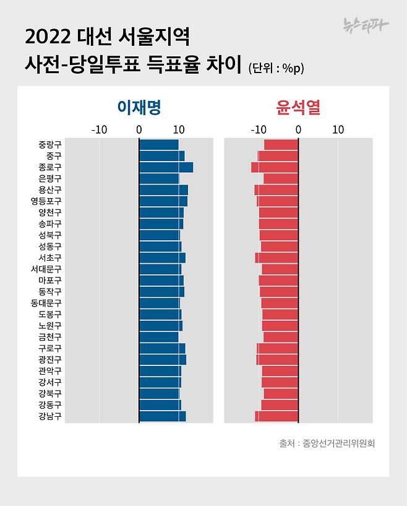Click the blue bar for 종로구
(166, 167)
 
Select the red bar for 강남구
(276, 416)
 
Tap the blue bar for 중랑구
(159, 144)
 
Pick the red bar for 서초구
(276, 258)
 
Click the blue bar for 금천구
(159, 337)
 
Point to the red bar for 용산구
(276, 190)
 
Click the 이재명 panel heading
(139, 107)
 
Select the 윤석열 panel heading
(298, 107)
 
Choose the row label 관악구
(49, 371)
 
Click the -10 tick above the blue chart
(99, 130)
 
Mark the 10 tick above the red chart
(338, 130)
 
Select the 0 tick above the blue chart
(139, 130)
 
